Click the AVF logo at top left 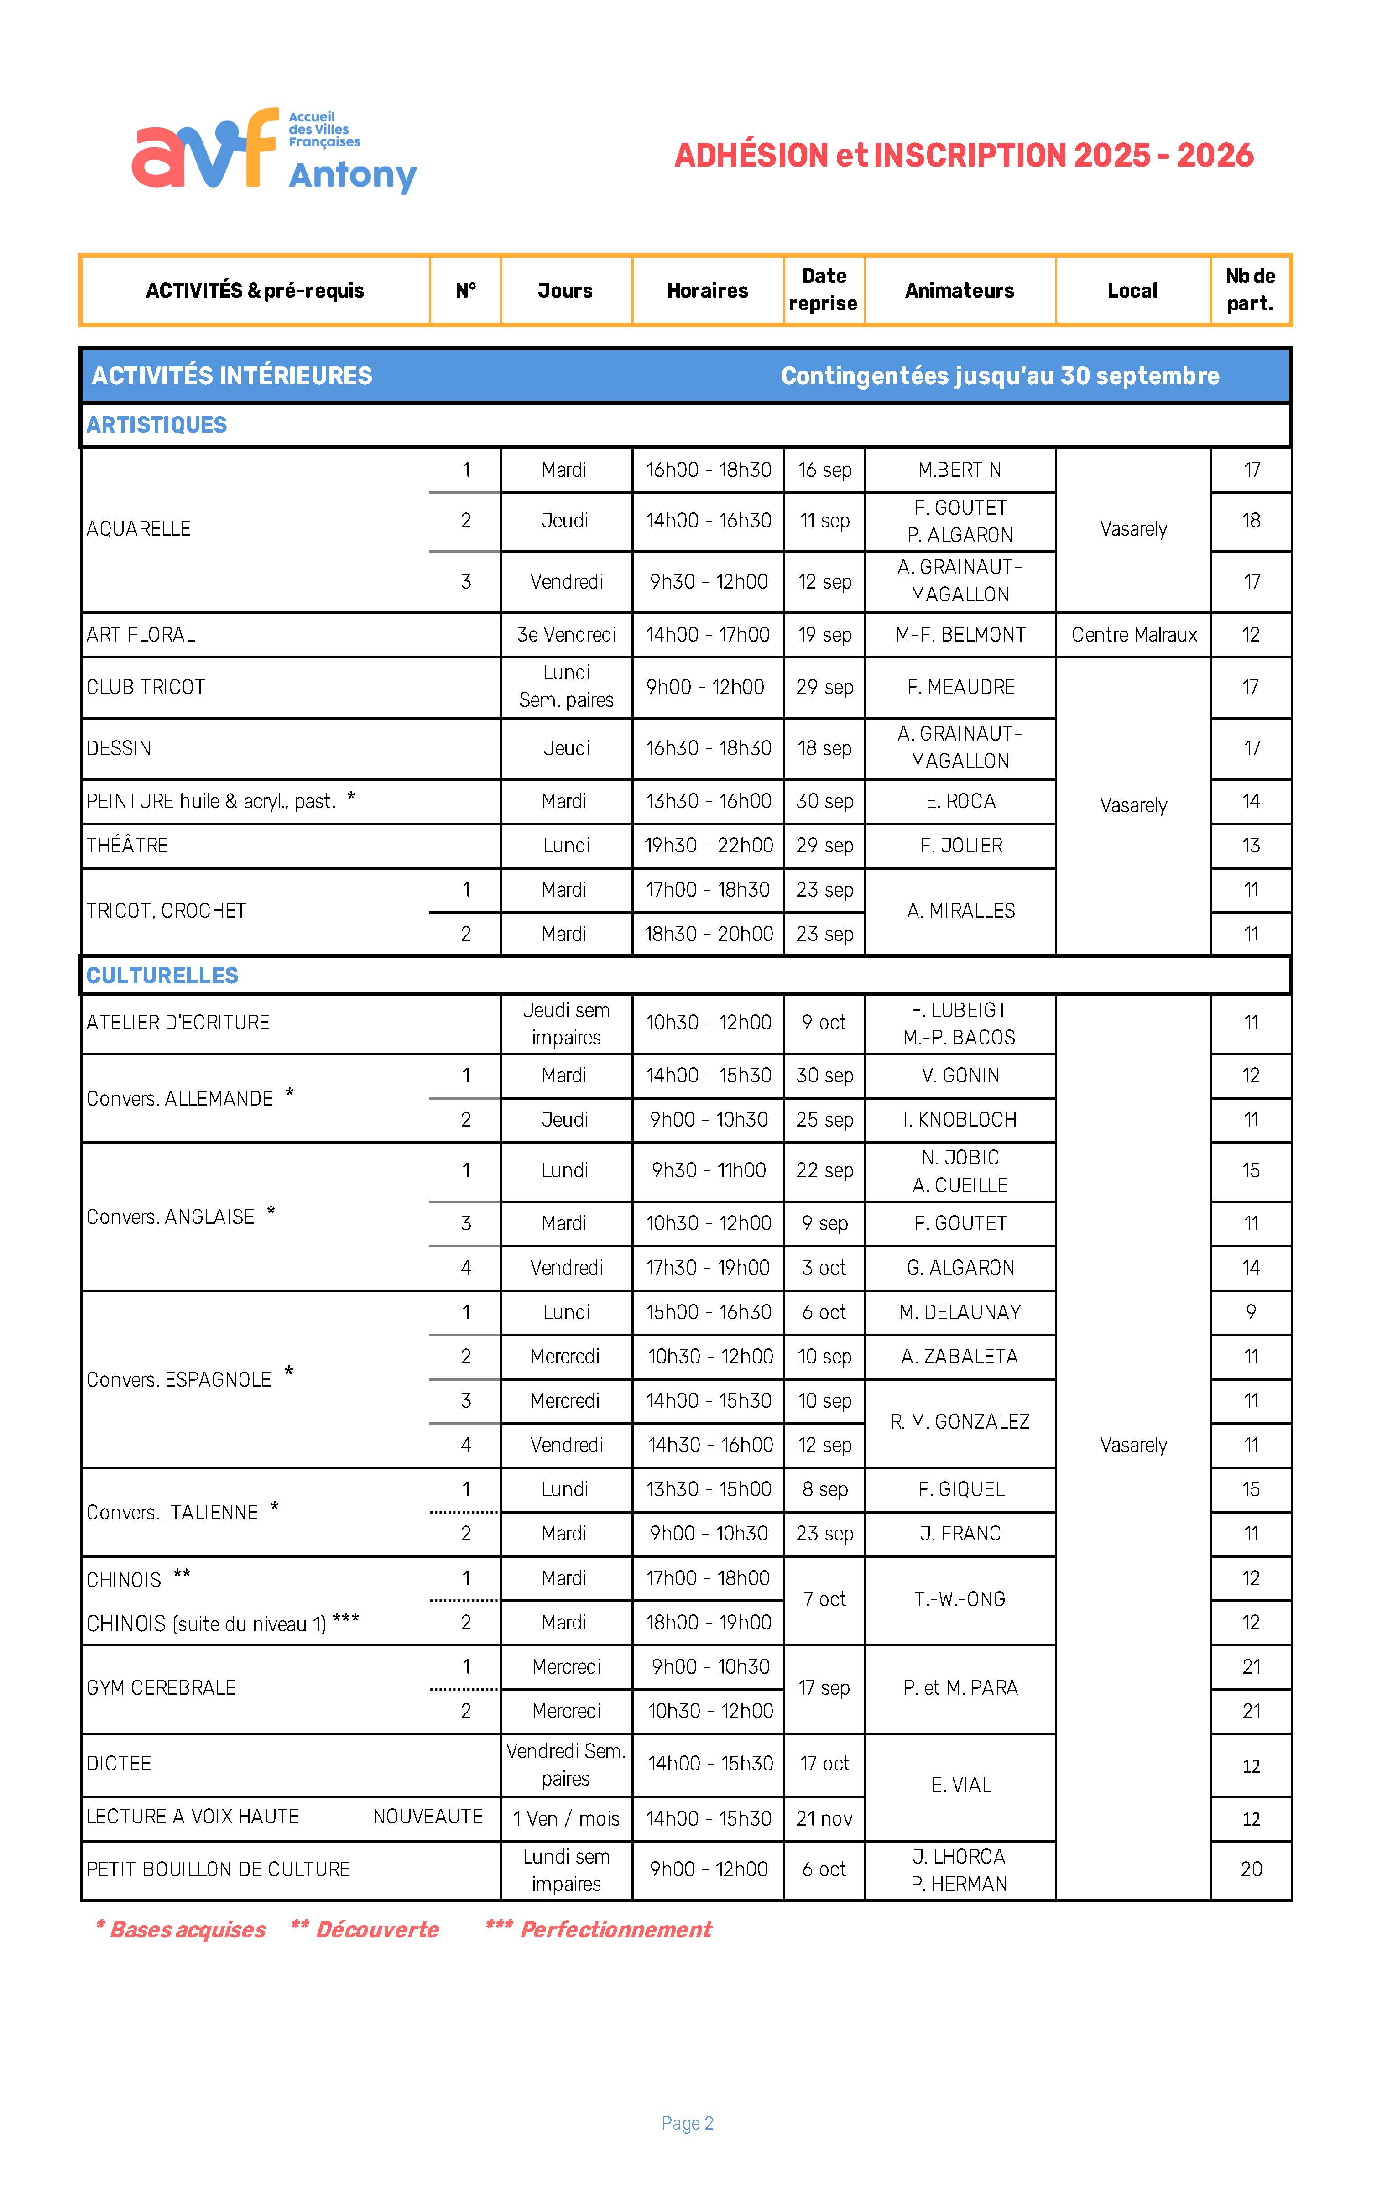(273, 150)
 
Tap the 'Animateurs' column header (959, 291)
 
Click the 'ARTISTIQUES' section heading (156, 424)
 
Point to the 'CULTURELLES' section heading (162, 976)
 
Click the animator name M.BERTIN (959, 470)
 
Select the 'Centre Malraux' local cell (1134, 635)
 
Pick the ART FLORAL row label (141, 635)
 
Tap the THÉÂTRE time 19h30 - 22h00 (709, 845)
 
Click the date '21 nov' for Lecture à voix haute (824, 1819)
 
